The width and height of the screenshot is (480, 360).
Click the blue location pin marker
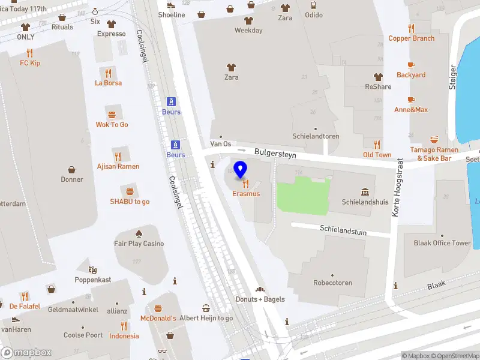coord(241,169)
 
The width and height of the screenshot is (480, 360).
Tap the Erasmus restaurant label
coord(247,194)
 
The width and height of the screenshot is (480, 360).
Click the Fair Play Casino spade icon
coord(139,233)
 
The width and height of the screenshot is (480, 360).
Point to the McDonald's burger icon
coord(158,308)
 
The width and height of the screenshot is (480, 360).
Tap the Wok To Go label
coord(112,125)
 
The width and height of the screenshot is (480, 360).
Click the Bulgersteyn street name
coord(275,153)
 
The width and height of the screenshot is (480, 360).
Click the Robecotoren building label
coord(332,283)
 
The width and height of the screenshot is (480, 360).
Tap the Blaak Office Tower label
coord(442,243)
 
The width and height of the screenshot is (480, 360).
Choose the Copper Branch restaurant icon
coord(411,28)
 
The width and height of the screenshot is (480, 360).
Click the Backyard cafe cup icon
coord(411,65)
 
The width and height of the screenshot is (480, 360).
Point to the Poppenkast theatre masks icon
coord(92,270)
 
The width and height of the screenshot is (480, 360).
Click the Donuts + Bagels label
coord(260,299)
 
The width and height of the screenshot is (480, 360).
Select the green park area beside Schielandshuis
coord(303,196)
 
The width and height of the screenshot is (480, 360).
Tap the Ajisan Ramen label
coord(118,166)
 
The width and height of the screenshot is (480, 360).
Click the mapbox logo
coord(26,353)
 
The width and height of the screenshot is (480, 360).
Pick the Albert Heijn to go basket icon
coord(206,308)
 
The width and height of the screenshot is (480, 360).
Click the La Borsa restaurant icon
coord(108,73)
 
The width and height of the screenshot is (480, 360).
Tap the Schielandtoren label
coord(316,136)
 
